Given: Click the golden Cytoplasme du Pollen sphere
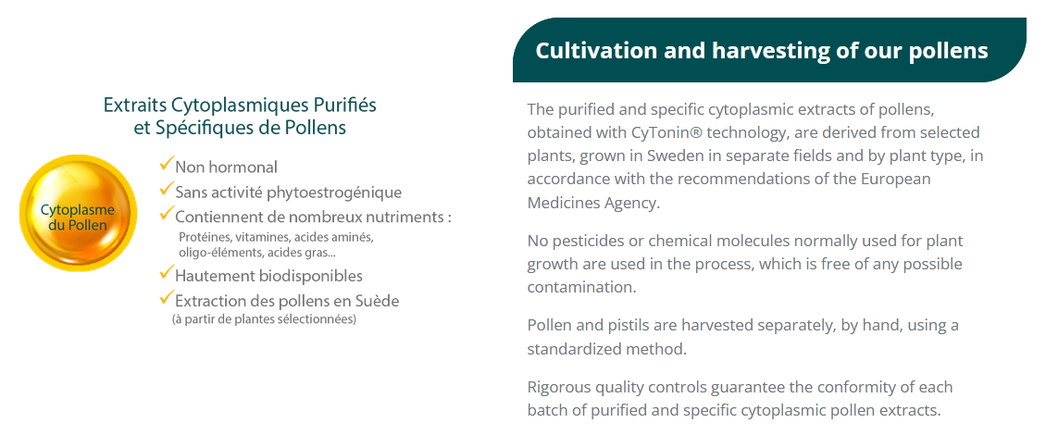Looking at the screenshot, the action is point(78,213).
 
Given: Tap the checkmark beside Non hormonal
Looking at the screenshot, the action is point(166,163).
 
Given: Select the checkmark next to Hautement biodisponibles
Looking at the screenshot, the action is point(166,272).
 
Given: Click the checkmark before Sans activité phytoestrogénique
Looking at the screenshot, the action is point(166,190).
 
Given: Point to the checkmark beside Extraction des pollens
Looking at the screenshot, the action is point(166,297).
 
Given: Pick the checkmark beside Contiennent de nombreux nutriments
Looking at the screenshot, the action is point(166,214).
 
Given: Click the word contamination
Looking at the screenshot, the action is point(579,287).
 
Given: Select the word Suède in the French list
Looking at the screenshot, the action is point(380,301).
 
